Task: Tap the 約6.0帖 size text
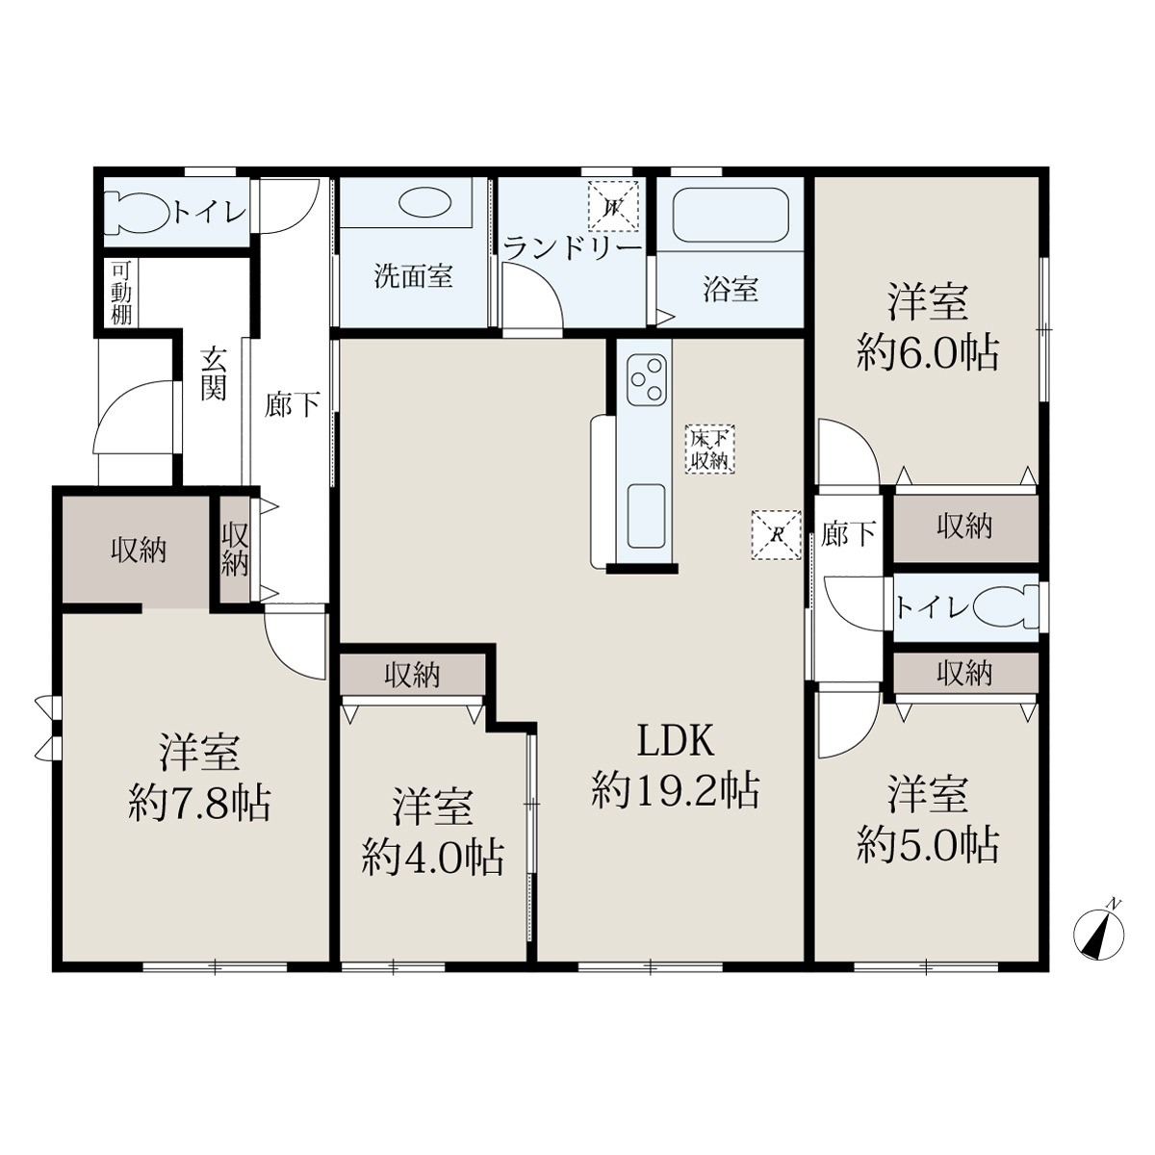[928, 353]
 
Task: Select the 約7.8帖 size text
[199, 803]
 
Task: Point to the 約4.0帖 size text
[432, 858]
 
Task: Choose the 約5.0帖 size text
[928, 845]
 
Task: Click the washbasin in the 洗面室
[424, 204]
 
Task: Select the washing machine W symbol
[612, 207]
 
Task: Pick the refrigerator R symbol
[776, 534]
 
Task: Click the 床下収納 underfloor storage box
[710, 449]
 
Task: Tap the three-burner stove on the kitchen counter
[646, 379]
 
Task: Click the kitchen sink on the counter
[646, 516]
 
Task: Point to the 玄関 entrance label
[213, 373]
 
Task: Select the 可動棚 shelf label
[121, 293]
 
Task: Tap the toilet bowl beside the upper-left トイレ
[136, 212]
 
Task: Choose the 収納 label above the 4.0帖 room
[412, 676]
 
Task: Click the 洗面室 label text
[414, 276]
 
